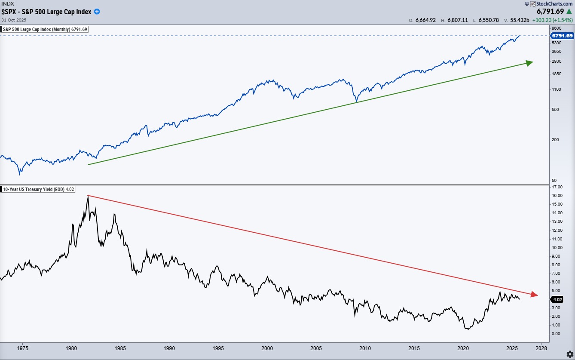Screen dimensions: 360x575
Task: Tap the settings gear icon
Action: pos(569,354)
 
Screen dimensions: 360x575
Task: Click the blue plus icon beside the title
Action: pos(97,12)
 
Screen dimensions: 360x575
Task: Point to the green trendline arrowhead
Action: pos(529,63)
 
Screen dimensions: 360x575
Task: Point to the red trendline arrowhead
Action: pos(534,295)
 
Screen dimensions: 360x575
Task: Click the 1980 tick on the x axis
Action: pos(71,348)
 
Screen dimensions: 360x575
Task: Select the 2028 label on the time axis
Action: pos(541,348)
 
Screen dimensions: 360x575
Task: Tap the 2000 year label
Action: pos(267,348)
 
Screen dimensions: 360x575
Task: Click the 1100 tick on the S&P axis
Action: pos(557,89)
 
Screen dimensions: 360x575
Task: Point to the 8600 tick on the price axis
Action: pos(557,27)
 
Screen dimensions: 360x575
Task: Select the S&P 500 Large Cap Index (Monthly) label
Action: pos(45,29)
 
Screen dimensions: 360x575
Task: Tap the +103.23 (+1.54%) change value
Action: pos(552,20)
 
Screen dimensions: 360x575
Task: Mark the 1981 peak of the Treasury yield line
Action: pos(88,196)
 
